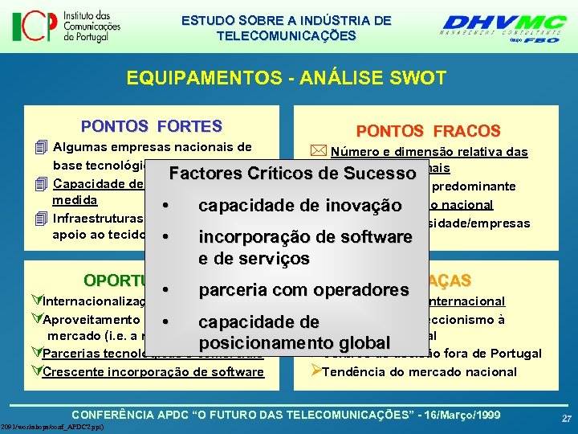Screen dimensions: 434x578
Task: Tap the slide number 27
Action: click(x=566, y=419)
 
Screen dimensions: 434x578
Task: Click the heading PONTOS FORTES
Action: click(x=151, y=126)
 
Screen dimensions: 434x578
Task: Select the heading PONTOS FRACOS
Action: click(x=428, y=130)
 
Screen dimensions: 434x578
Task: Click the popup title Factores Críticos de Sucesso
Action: click(x=292, y=174)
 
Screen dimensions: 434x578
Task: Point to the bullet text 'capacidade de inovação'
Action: click(x=299, y=206)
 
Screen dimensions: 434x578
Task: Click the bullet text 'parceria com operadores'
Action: click(x=303, y=289)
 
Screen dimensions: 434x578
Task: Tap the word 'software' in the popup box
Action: click(x=372, y=237)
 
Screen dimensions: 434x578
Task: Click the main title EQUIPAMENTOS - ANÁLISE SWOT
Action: click(x=286, y=78)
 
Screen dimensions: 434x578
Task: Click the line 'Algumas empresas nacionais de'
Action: click(x=152, y=147)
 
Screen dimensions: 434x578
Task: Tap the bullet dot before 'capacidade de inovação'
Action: click(x=165, y=207)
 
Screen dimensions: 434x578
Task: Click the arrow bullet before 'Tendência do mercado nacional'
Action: click(x=315, y=371)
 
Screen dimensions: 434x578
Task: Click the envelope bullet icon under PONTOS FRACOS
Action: click(x=320, y=151)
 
